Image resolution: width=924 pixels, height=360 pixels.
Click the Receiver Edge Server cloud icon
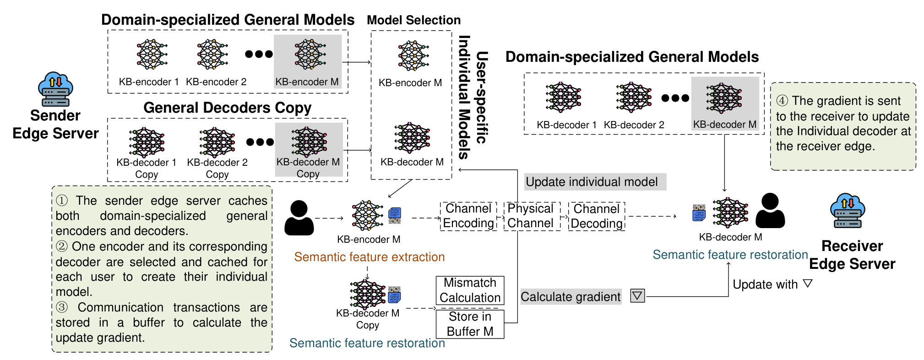point(848,210)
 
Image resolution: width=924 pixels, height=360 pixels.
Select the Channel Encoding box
point(468,216)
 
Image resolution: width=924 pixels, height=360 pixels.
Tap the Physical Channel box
point(532,216)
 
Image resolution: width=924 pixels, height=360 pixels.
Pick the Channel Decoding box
point(597,216)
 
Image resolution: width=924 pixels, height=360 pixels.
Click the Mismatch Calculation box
point(470,290)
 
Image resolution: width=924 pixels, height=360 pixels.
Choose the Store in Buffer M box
point(470,324)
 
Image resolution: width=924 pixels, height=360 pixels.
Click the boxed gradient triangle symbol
point(637,296)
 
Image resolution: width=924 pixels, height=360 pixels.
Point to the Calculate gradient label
point(571,297)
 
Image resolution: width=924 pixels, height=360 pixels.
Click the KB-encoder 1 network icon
point(152,55)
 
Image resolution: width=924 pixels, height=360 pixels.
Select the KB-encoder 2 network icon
point(212,55)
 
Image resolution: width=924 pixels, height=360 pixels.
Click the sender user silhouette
point(299,218)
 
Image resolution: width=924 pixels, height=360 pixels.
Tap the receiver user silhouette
point(770,210)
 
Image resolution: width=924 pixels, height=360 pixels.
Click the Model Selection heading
point(413,20)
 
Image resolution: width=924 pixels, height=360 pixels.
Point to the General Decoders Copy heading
point(227,108)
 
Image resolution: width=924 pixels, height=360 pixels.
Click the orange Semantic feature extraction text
point(370,257)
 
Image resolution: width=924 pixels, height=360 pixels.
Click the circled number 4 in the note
point(782,101)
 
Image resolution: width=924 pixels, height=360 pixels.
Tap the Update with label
point(765,284)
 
